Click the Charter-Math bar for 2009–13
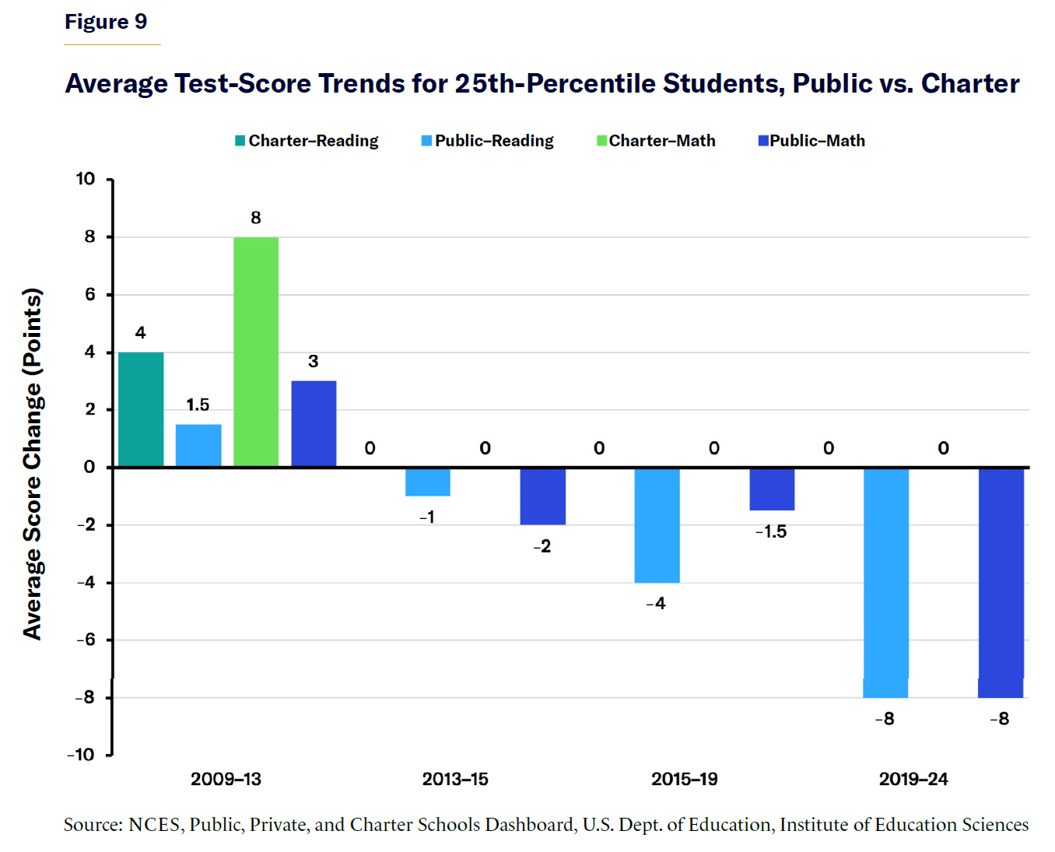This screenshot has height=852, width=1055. (x=256, y=352)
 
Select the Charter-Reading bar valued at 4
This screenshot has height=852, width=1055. (x=141, y=409)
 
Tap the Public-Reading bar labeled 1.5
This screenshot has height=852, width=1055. (x=198, y=445)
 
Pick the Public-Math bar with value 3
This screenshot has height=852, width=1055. (x=314, y=423)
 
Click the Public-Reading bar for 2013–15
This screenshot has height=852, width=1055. (x=428, y=482)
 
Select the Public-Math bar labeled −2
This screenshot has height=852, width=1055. (x=543, y=496)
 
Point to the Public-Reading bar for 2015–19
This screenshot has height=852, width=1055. (x=657, y=525)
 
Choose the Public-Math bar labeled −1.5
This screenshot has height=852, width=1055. (x=772, y=489)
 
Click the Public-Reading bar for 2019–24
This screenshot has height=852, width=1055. (x=886, y=582)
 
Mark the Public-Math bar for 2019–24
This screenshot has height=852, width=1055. (x=1001, y=582)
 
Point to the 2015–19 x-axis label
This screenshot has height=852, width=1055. (x=685, y=779)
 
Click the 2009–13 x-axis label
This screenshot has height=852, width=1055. (x=226, y=779)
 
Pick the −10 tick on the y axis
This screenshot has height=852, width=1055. (x=81, y=755)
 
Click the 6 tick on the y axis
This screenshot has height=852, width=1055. (x=89, y=294)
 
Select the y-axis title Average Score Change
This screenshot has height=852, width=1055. (x=33, y=465)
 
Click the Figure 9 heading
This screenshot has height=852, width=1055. (x=106, y=22)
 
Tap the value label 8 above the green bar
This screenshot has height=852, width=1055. (x=256, y=218)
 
